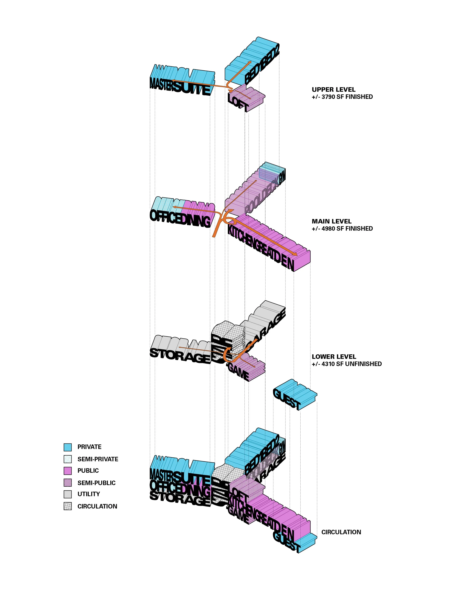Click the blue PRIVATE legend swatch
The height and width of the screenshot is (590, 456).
click(x=67, y=447)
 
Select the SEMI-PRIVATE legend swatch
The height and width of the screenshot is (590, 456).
click(x=67, y=459)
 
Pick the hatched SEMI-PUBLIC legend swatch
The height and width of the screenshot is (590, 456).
click(x=67, y=483)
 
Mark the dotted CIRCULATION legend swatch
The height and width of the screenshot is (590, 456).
click(x=67, y=506)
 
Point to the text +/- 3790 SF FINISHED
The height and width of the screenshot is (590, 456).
click(x=342, y=97)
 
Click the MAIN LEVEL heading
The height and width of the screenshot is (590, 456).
click(x=331, y=221)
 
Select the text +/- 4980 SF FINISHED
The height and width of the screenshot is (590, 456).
click(x=342, y=229)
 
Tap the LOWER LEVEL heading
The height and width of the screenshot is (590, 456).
click(x=334, y=357)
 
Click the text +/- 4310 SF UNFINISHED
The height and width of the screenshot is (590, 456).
click(x=347, y=364)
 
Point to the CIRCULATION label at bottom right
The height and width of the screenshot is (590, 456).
click(x=341, y=532)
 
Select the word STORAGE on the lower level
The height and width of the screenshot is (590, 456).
click(x=180, y=356)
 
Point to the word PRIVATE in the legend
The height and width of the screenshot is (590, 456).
click(x=89, y=447)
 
